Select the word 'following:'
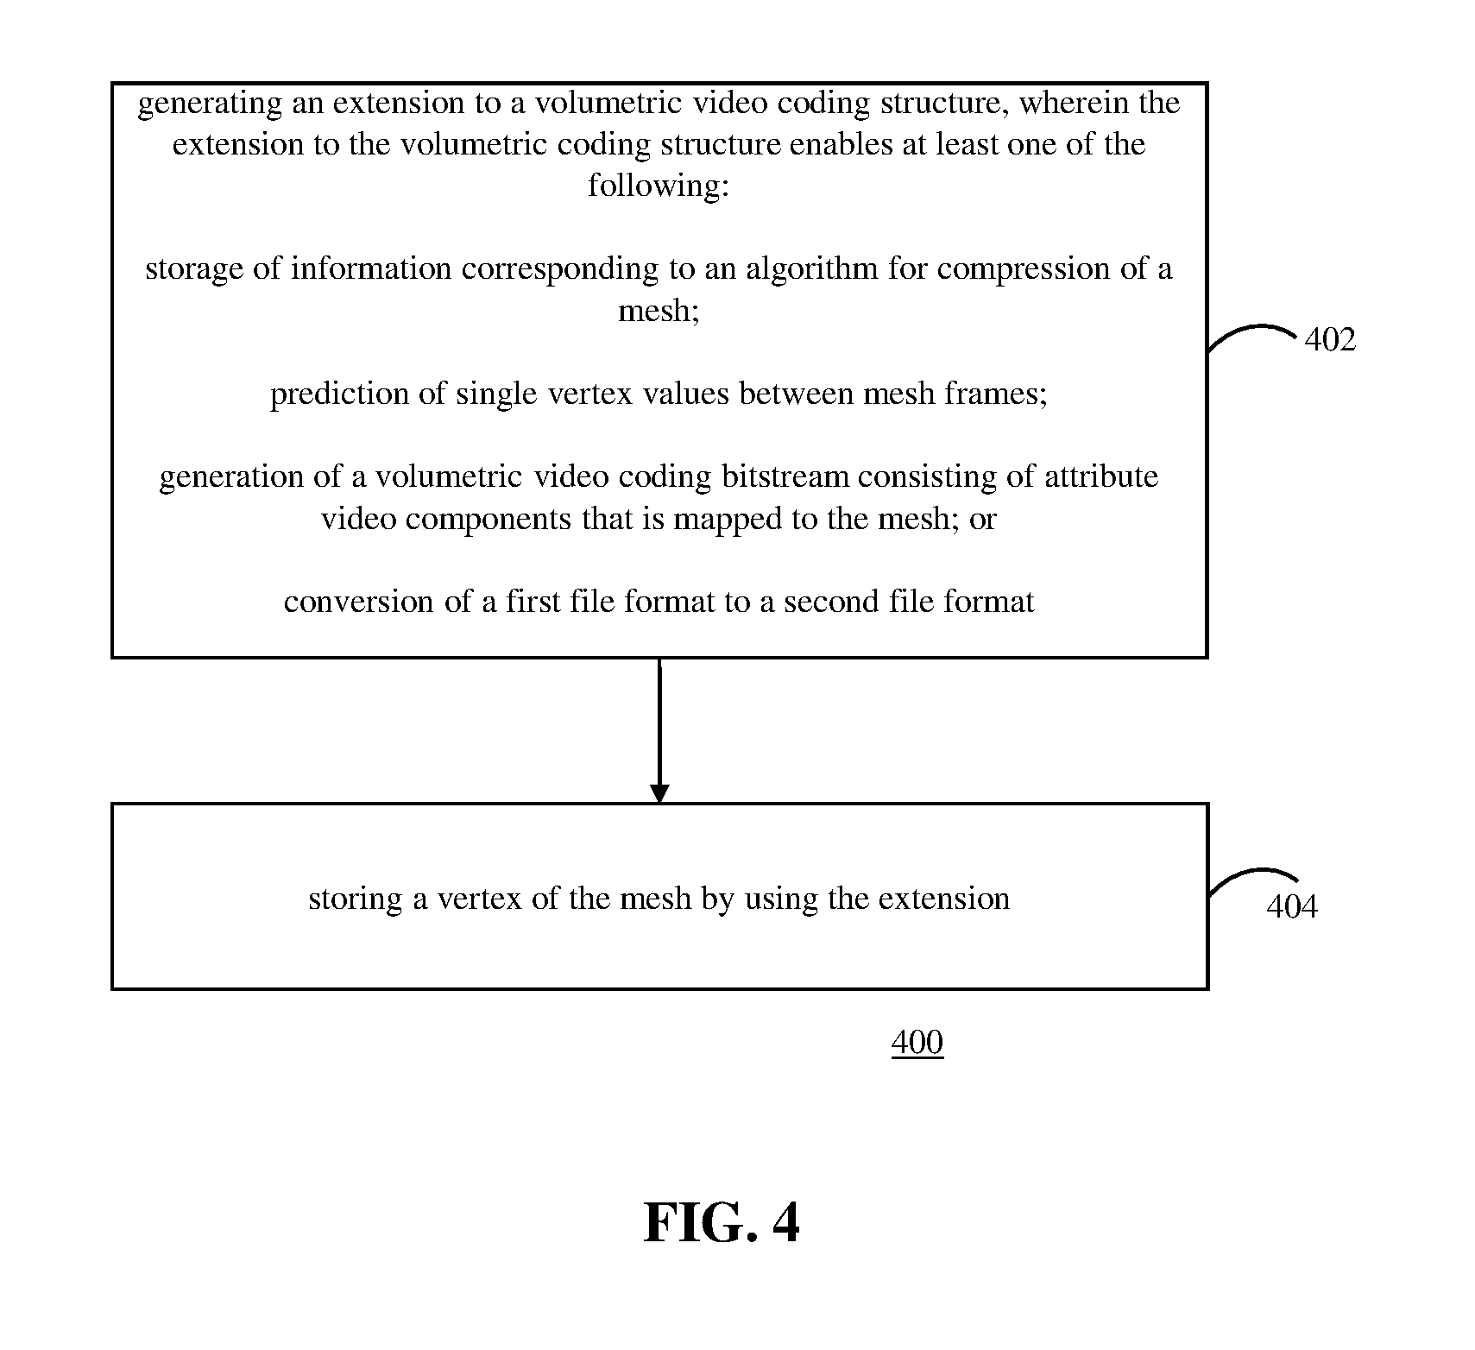tap(659, 186)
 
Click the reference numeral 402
tap(1330, 339)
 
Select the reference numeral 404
tap(1292, 907)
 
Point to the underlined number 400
tap(917, 1044)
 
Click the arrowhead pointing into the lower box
tap(659, 792)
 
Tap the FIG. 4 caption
tap(722, 1222)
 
